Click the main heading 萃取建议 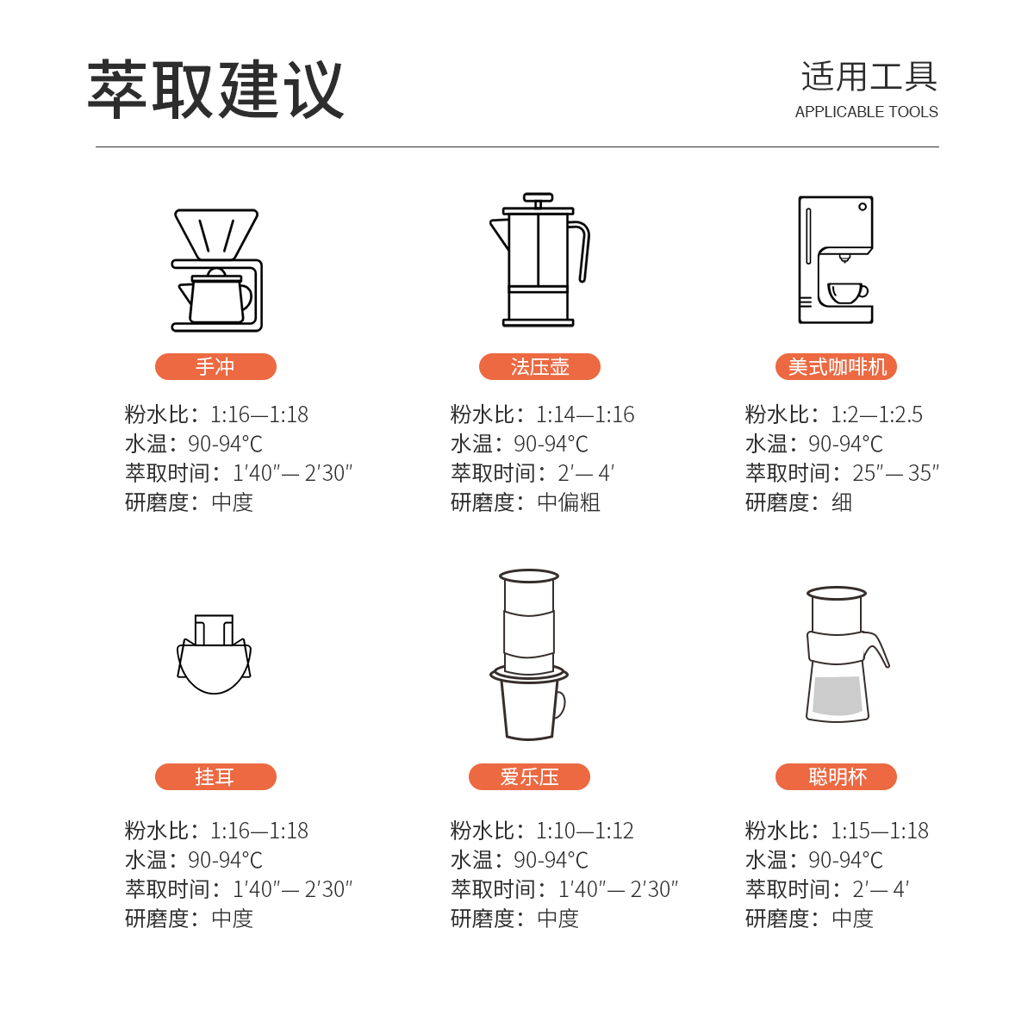point(215,89)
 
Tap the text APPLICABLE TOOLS point(866,112)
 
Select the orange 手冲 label point(215,366)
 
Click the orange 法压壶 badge point(539,366)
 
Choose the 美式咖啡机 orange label point(836,366)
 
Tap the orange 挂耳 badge point(215,776)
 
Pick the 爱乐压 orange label point(529,776)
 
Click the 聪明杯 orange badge point(836,776)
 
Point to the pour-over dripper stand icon point(217,270)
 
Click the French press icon point(539,259)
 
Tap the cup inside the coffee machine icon point(847,293)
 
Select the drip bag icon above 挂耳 point(214,654)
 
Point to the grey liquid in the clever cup point(837,696)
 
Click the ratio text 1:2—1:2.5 point(876,414)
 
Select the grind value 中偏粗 point(568,502)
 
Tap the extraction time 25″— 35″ point(895,473)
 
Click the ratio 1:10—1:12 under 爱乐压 point(585,831)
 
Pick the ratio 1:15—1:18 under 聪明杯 point(880,831)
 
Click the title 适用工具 point(869,77)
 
